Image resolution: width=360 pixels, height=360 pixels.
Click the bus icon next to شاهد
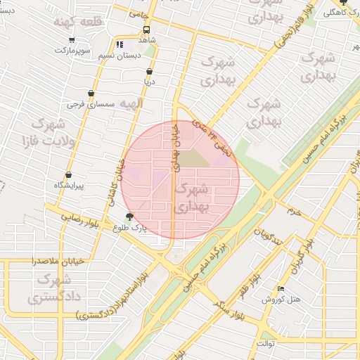(147, 30)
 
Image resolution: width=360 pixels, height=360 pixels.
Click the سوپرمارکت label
(74, 51)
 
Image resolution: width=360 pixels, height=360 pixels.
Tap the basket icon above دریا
(149, 72)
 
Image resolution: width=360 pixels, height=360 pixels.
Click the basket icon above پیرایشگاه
(68, 175)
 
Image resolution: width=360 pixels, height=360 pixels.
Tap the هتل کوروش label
(282, 299)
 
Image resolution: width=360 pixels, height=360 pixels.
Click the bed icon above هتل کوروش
(281, 288)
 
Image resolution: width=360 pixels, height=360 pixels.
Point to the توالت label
(268, 343)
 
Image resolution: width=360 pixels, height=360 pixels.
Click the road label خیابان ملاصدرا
(58, 261)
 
